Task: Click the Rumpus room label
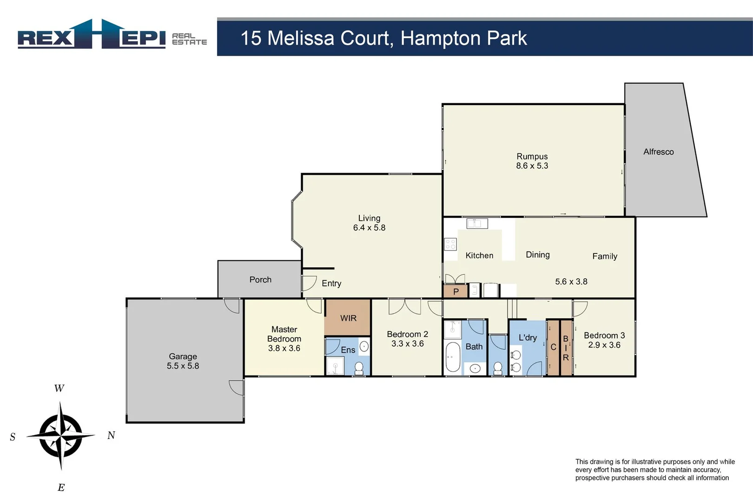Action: click(x=532, y=157)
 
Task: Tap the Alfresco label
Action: click(x=658, y=152)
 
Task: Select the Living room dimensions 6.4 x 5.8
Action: click(x=369, y=228)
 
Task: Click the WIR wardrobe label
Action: click(x=348, y=318)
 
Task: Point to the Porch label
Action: click(x=260, y=280)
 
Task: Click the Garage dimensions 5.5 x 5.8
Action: click(x=183, y=366)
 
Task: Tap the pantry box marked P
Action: click(x=456, y=292)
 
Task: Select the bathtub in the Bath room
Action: click(x=452, y=357)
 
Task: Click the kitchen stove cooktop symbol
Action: click(x=450, y=244)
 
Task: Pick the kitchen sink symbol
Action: click(x=477, y=224)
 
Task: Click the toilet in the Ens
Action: click(x=359, y=368)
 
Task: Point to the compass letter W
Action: click(x=59, y=389)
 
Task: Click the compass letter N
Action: click(x=111, y=436)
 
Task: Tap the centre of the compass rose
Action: click(x=61, y=436)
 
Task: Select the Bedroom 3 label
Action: click(x=604, y=336)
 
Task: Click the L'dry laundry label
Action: click(x=528, y=338)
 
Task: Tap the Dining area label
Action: click(x=537, y=255)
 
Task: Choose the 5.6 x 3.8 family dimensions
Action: click(x=571, y=282)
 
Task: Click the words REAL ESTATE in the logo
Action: click(x=189, y=39)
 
